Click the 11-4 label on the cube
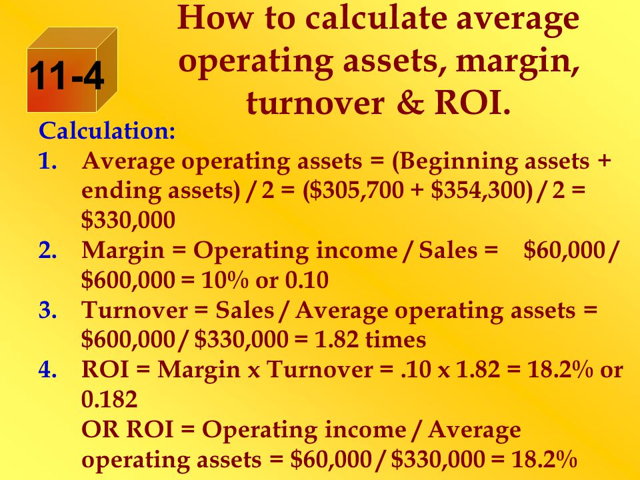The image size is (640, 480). [67, 75]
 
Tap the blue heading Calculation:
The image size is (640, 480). [107, 131]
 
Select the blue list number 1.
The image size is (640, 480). [48, 161]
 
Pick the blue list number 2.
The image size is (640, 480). [48, 250]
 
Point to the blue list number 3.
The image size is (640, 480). [48, 310]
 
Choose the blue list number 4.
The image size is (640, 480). [48, 369]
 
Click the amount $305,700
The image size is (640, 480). [356, 191]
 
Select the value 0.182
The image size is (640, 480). [109, 399]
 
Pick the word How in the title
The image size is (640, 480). [215, 19]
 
